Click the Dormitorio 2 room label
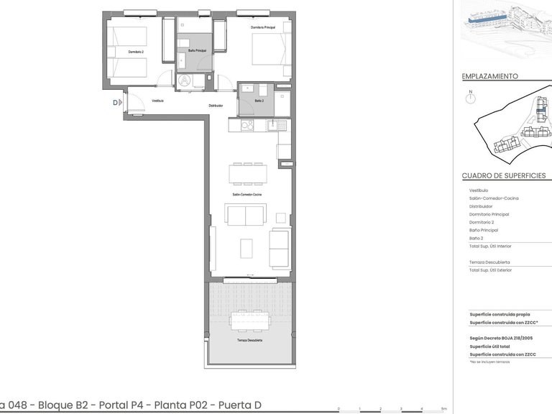pyautogui.click(x=136, y=52)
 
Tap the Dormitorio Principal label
pyautogui.click(x=263, y=27)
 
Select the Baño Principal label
pyautogui.click(x=197, y=50)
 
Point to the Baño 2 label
pyautogui.click(x=259, y=100)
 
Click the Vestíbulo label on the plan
pyautogui.click(x=157, y=101)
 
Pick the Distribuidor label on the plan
pyautogui.click(x=216, y=106)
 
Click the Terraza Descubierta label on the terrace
pyautogui.click(x=249, y=340)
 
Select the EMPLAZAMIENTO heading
pyautogui.click(x=489, y=75)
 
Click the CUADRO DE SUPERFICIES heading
pyautogui.click(x=503, y=175)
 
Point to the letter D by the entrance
pyautogui.click(x=115, y=103)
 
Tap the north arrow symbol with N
pyautogui.click(x=470, y=96)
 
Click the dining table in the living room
pyautogui.click(x=247, y=173)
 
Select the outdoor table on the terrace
pyautogui.click(x=249, y=319)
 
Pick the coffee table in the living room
pyautogui.click(x=247, y=248)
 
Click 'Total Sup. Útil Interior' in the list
pyautogui.click(x=490, y=247)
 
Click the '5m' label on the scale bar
pyautogui.click(x=445, y=409)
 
